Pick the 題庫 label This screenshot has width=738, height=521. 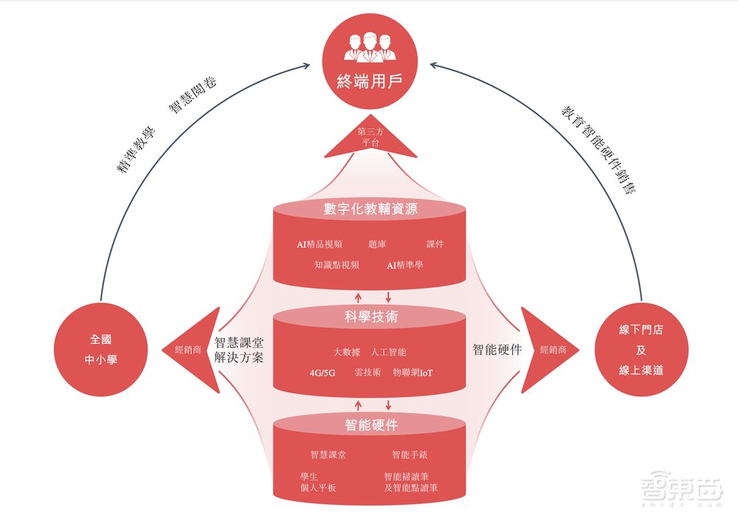point(377,244)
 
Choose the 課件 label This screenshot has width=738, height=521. point(435,244)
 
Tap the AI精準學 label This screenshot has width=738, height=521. point(405,265)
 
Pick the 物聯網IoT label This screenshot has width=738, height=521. point(413,373)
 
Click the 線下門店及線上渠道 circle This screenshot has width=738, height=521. point(641,350)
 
